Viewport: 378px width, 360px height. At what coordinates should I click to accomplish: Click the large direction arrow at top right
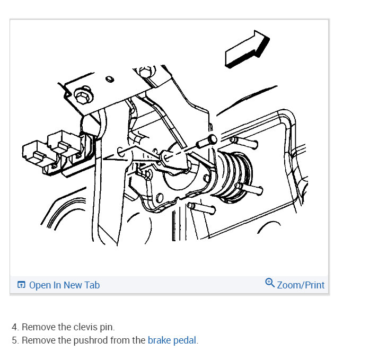247,48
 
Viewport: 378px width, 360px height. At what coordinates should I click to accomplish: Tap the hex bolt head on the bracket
81,95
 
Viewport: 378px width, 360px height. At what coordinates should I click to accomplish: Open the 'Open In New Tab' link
64,285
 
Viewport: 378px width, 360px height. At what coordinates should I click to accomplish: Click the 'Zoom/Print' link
300,285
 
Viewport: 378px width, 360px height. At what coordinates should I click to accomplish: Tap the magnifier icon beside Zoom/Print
270,283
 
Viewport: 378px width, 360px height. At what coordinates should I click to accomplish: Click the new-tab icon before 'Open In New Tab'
21,285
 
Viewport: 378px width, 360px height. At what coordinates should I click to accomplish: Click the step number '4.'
15,327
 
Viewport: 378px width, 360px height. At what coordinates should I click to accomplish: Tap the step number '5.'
15,340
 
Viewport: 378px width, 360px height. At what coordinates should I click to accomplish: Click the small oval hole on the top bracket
110,80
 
